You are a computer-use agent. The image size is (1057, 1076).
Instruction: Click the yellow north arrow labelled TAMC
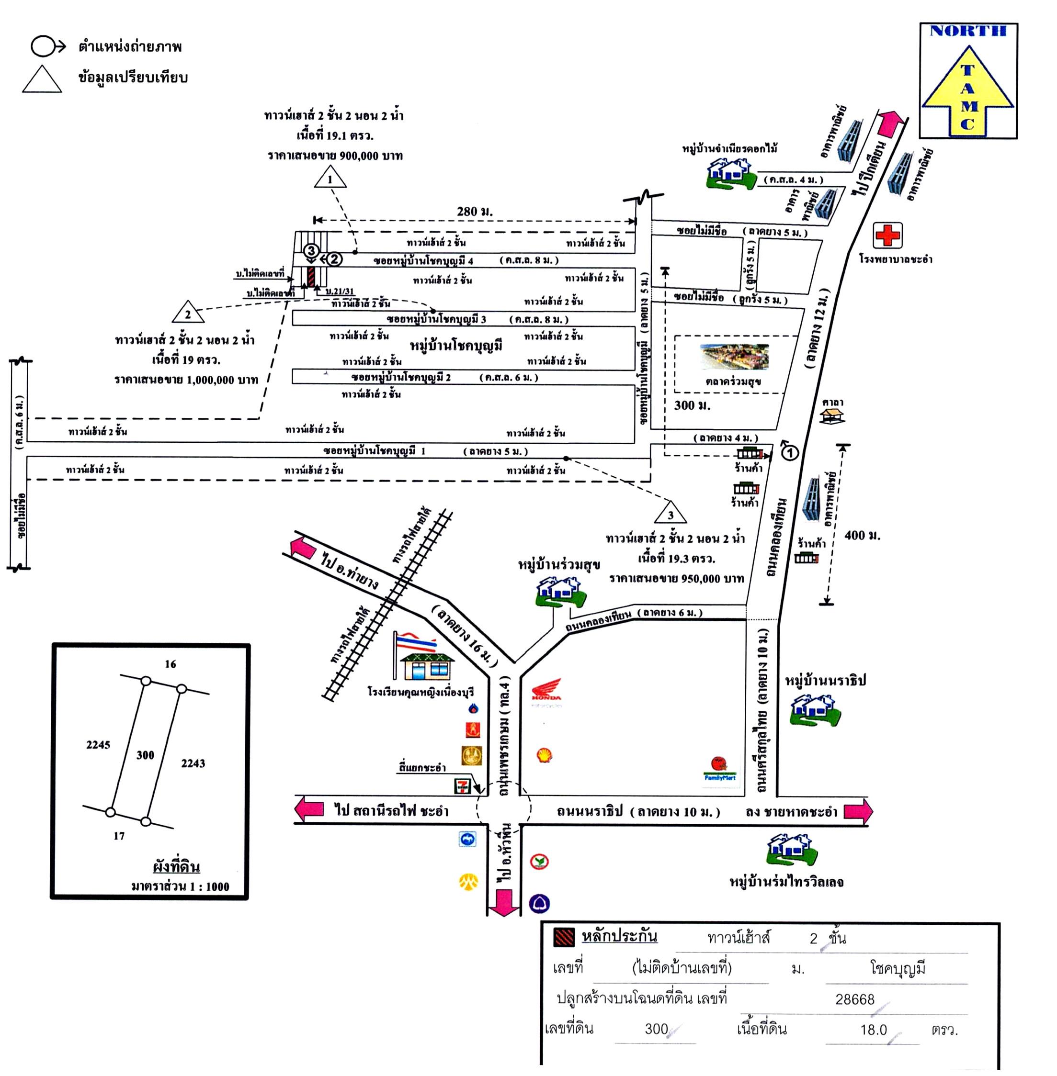click(967, 91)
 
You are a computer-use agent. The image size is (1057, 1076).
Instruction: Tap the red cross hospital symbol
click(887, 235)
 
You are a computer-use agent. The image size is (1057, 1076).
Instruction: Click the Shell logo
click(545, 755)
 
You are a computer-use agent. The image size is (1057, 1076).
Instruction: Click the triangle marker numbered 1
click(330, 179)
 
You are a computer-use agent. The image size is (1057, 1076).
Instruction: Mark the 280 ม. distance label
click(474, 212)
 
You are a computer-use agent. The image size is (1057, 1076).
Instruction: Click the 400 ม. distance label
click(862, 535)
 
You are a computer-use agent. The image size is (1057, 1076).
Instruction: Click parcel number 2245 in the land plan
click(98, 745)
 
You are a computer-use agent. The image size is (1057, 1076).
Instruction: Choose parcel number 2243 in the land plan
click(193, 763)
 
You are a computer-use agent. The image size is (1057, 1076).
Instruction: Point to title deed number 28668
click(854, 999)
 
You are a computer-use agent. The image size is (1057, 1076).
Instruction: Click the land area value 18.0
click(873, 1030)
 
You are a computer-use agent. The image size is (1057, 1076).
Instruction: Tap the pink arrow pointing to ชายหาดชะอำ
click(858, 811)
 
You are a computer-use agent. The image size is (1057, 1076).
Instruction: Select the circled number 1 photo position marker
click(789, 453)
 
